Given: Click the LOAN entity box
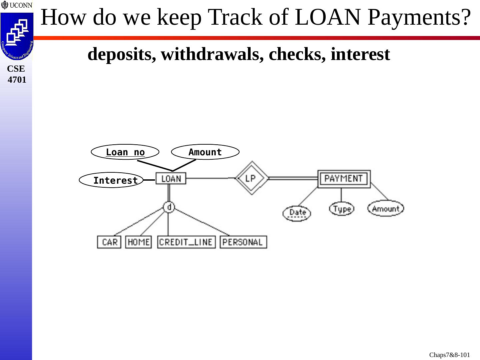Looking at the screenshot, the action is pyautogui.click(x=171, y=179).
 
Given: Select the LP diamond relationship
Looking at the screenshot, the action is pyautogui.click(x=252, y=178).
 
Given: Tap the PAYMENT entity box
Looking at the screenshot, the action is pyautogui.click(x=344, y=179).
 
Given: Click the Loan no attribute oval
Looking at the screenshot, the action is pyautogui.click(x=125, y=152).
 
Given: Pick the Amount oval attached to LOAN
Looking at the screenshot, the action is pyautogui.click(x=205, y=152).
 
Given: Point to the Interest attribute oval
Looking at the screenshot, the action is pyautogui.click(x=111, y=180).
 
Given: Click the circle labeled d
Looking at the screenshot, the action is pyautogui.click(x=169, y=207).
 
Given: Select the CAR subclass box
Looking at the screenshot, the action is pyautogui.click(x=109, y=242).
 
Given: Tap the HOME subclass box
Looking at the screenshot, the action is pyautogui.click(x=138, y=242).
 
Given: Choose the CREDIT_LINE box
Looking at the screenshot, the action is pyautogui.click(x=186, y=242).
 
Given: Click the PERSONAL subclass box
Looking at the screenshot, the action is pyautogui.click(x=243, y=242).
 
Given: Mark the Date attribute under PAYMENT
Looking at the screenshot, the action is pyautogui.click(x=297, y=213).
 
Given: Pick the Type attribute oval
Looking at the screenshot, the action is pyautogui.click(x=342, y=209).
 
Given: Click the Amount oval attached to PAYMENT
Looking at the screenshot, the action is pyautogui.click(x=385, y=209).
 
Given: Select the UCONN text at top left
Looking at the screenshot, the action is pyautogui.click(x=21, y=5).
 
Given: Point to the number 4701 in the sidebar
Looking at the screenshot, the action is pyautogui.click(x=17, y=80).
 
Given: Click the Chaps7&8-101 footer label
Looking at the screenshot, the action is pyautogui.click(x=449, y=355).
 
